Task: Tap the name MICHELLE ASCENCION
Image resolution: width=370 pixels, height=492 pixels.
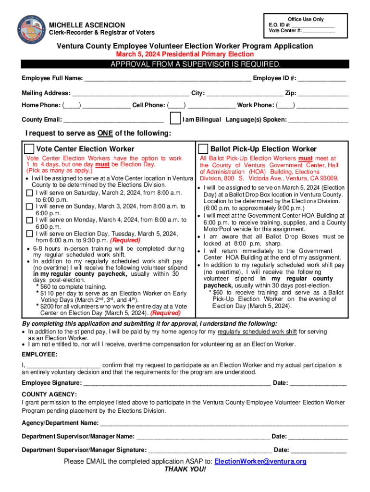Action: point(87,25)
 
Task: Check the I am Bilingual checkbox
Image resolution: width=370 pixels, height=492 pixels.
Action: point(175,119)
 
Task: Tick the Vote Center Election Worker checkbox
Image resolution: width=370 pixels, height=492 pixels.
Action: point(29,149)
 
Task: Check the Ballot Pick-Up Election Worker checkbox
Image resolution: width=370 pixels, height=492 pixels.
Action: point(203,149)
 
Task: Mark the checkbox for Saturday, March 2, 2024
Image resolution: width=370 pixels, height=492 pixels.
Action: point(29,193)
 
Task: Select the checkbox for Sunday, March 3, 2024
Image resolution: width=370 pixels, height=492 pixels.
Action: point(29,207)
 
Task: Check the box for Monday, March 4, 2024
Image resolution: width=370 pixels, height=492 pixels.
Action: point(29,221)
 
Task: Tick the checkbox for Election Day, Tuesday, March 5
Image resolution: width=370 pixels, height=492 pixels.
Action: point(29,234)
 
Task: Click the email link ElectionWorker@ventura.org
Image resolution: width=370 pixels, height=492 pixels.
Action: point(260,462)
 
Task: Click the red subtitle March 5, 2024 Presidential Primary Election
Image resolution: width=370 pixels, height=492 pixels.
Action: point(185,54)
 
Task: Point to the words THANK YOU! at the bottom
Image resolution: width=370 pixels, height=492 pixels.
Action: point(185,469)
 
